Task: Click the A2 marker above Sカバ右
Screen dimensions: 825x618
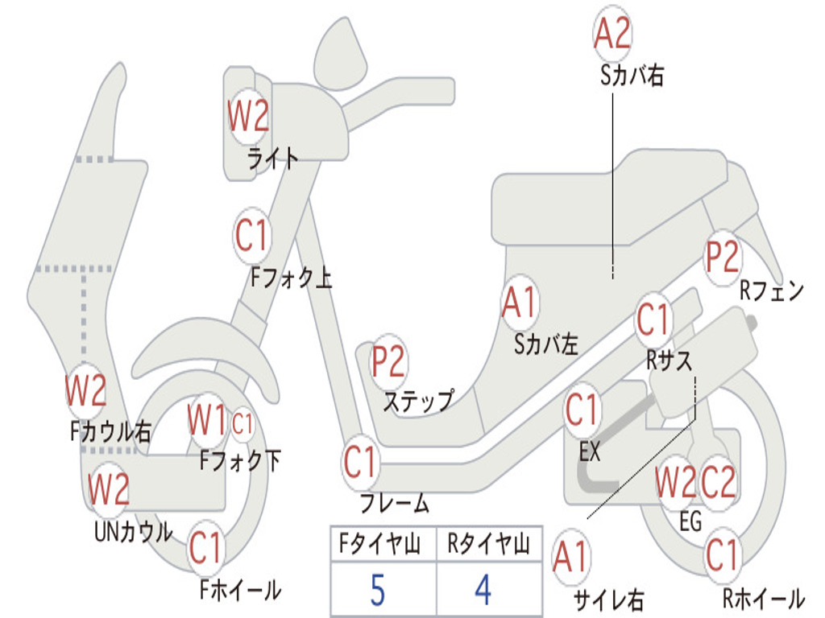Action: pos(612,34)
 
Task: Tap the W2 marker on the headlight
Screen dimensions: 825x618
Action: pos(248,117)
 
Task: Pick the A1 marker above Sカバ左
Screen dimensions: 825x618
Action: pos(519,303)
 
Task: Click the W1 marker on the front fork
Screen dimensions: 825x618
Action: pos(207,419)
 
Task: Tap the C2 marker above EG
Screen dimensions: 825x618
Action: pos(718,482)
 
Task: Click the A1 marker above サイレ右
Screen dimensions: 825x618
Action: pos(571,558)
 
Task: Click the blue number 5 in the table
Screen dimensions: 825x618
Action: pos(377,590)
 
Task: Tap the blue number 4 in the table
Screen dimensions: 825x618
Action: pos(483,590)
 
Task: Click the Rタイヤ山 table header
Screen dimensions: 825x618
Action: pos(488,546)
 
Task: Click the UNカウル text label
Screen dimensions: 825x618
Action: pos(134,531)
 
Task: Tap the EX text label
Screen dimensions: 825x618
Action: pos(591,452)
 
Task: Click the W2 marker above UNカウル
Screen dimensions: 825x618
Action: pos(109,488)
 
